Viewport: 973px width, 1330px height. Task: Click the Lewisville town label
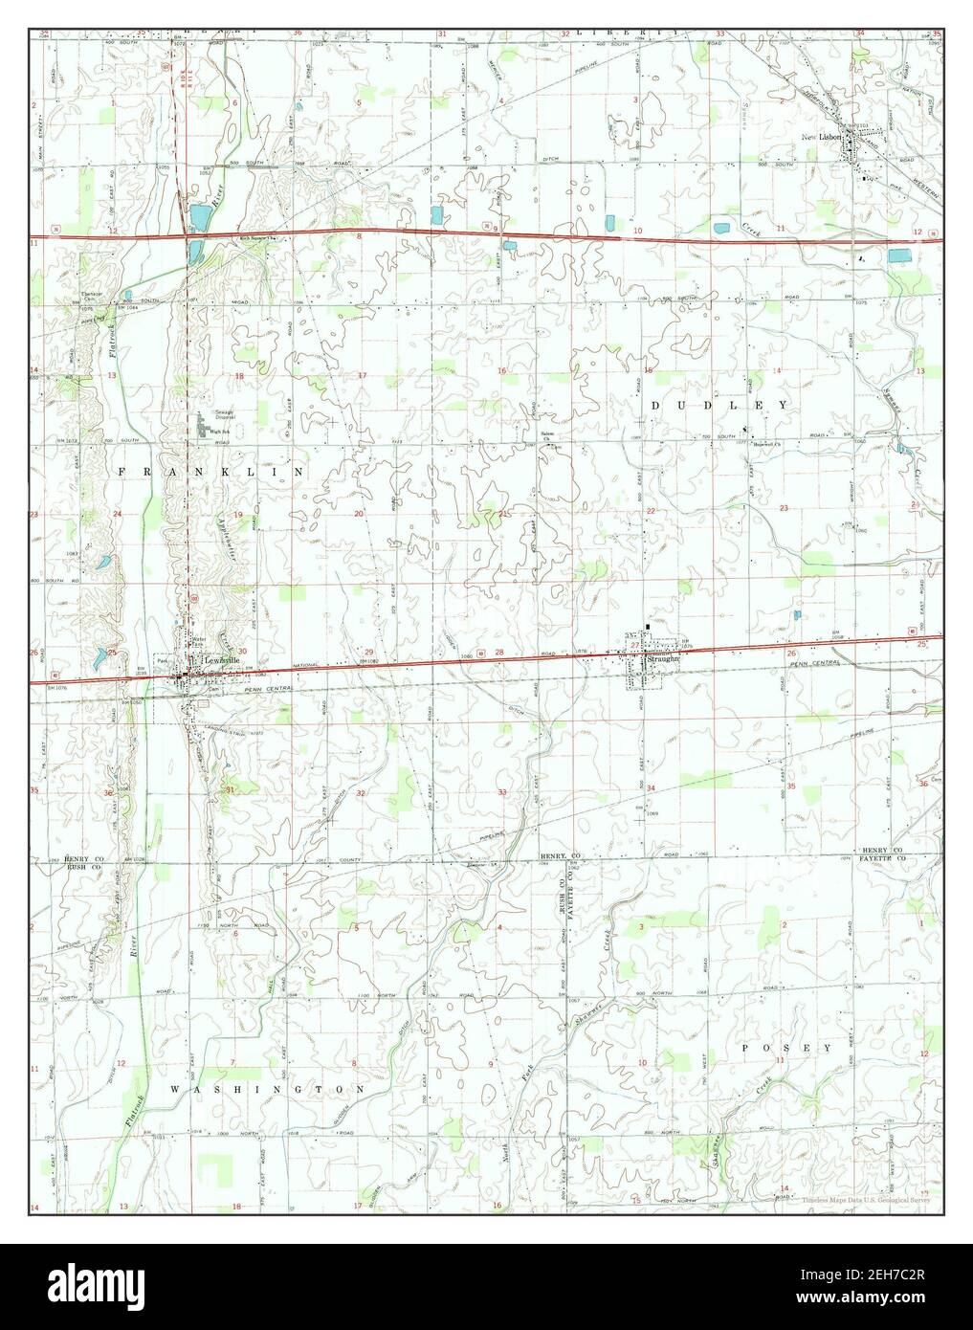[212, 660]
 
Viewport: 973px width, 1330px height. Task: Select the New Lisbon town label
[821, 137]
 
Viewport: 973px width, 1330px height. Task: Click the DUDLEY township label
[720, 405]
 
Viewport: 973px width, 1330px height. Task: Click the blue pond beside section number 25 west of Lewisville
[100, 657]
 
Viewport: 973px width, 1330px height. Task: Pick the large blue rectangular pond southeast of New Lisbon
[899, 255]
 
